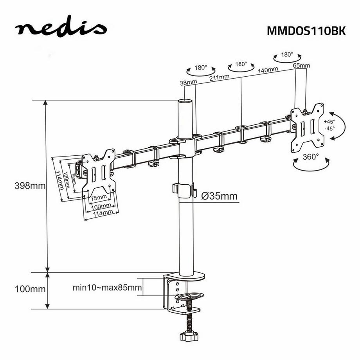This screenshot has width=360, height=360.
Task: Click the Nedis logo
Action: point(61,28)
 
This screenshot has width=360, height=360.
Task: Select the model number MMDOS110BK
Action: point(306,31)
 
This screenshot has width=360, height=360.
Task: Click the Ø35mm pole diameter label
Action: point(220,196)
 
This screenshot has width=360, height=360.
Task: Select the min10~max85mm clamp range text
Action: point(107,288)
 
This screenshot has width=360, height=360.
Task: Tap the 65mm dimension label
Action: point(301,65)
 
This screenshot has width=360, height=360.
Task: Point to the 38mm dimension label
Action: point(188,83)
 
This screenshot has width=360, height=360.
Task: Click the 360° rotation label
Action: point(311,157)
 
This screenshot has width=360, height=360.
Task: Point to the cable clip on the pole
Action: point(183,189)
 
